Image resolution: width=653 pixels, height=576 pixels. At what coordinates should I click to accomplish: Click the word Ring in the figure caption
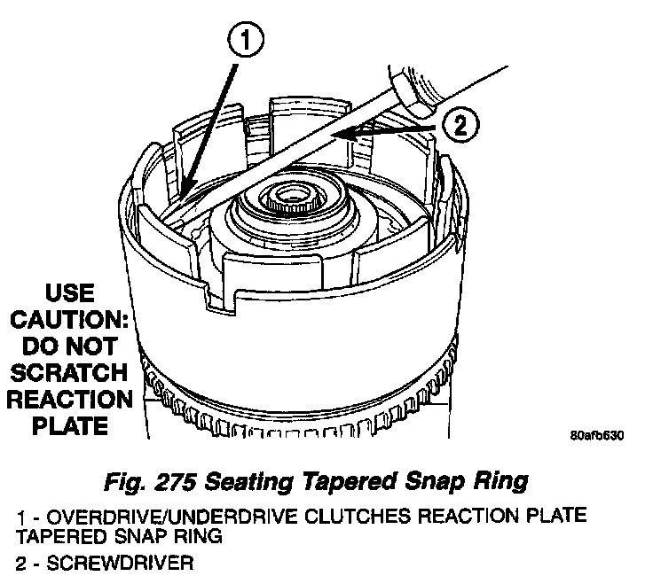tap(503, 481)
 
